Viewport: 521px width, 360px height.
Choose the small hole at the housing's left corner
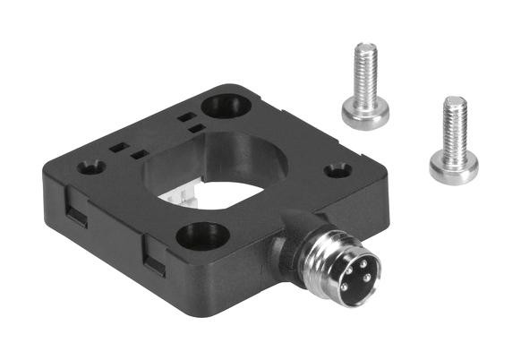90,167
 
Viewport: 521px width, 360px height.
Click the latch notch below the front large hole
154,262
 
